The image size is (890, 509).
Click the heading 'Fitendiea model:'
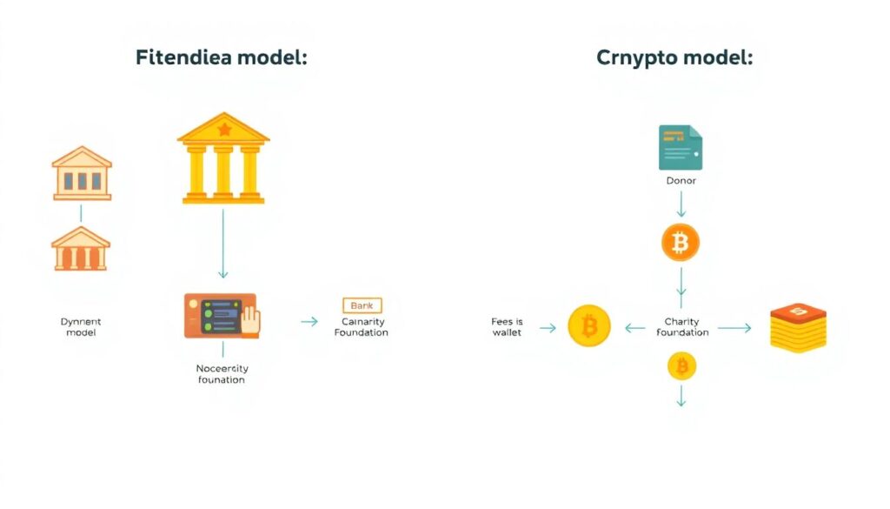click(x=222, y=59)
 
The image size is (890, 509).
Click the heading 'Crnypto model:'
click(x=674, y=59)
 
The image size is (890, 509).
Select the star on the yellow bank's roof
click(x=224, y=131)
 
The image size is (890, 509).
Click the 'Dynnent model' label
click(x=81, y=327)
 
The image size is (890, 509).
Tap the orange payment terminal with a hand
click(x=222, y=315)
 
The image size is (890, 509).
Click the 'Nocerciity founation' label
click(x=222, y=374)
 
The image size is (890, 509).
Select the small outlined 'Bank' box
click(x=362, y=305)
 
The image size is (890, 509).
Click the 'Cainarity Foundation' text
click(x=361, y=326)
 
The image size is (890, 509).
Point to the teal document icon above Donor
click(x=681, y=147)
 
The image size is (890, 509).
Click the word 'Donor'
click(x=681, y=181)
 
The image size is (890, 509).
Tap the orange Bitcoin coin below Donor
click(x=681, y=243)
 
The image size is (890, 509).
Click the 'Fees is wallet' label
click(x=507, y=327)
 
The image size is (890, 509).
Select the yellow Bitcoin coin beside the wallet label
click(x=589, y=327)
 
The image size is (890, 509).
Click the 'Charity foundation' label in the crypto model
click(x=682, y=327)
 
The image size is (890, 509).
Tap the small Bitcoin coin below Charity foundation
click(x=681, y=366)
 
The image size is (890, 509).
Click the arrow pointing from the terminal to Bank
click(x=309, y=321)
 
